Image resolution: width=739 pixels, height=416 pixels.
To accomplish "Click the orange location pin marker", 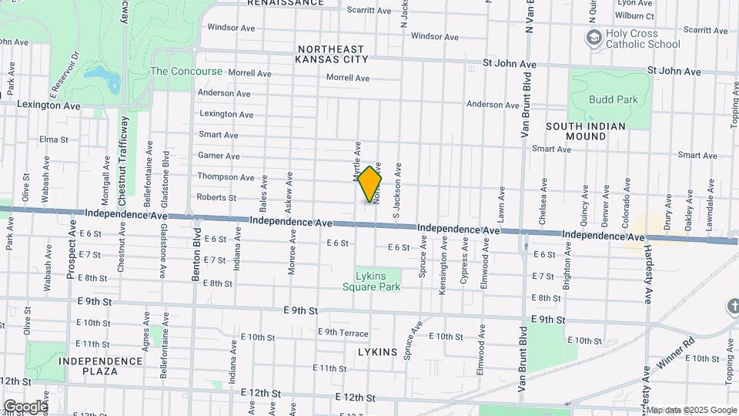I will click(370, 184).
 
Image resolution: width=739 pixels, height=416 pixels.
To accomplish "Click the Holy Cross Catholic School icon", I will click(594, 38).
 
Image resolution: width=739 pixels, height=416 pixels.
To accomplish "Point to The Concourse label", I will click(186, 72).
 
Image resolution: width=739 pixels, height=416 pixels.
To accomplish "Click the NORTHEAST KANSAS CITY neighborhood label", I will click(333, 53).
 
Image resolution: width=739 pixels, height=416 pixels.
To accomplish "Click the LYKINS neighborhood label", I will click(377, 352).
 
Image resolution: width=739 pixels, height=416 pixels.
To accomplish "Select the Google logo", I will click(25, 406).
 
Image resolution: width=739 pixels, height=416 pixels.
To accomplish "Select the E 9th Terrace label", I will click(343, 332).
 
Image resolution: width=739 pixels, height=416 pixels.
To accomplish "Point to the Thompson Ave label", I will click(226, 177).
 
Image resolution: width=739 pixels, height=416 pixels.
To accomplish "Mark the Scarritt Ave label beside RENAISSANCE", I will click(369, 10).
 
